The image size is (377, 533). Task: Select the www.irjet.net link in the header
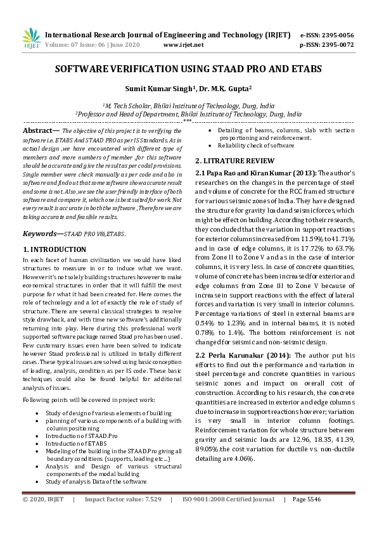(183, 46)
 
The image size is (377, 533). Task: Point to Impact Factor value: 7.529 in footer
(123, 517)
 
